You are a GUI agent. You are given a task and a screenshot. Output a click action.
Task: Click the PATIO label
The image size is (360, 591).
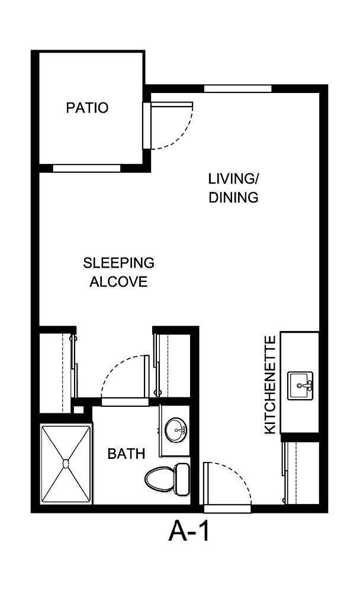[87, 108]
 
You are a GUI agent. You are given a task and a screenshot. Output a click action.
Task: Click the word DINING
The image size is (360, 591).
[234, 198]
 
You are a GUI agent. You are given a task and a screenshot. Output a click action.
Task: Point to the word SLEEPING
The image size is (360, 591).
[118, 262]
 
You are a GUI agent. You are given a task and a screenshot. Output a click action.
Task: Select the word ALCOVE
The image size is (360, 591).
[118, 282]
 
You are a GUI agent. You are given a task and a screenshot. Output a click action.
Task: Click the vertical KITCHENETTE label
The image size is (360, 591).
[270, 385]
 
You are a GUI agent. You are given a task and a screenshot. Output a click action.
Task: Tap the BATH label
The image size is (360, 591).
[126, 454]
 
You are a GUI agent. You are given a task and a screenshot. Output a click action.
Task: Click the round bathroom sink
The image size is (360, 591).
[175, 431]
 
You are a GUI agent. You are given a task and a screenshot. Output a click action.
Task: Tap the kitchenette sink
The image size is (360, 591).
[301, 386]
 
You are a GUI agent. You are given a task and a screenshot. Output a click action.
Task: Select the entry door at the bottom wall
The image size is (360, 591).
[228, 483]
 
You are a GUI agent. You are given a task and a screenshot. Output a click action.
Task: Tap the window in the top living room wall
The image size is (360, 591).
[237, 89]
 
